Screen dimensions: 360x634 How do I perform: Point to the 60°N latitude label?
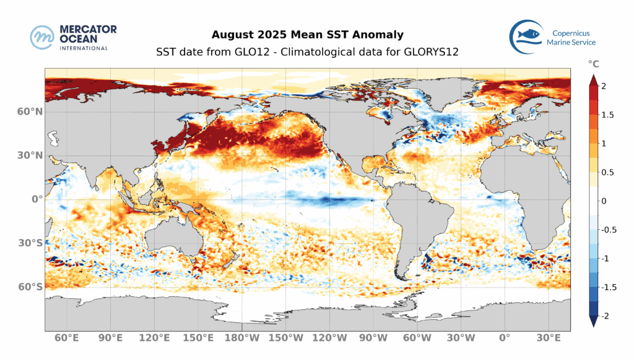(x=29, y=112)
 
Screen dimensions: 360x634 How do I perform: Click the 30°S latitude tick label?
(x=29, y=243)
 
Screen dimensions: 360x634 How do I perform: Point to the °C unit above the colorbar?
(x=594, y=64)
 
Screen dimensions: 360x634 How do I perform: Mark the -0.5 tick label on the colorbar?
(x=610, y=230)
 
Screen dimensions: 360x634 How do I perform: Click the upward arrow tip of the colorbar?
(x=593, y=77)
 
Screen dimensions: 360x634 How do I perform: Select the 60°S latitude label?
(x=29, y=287)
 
